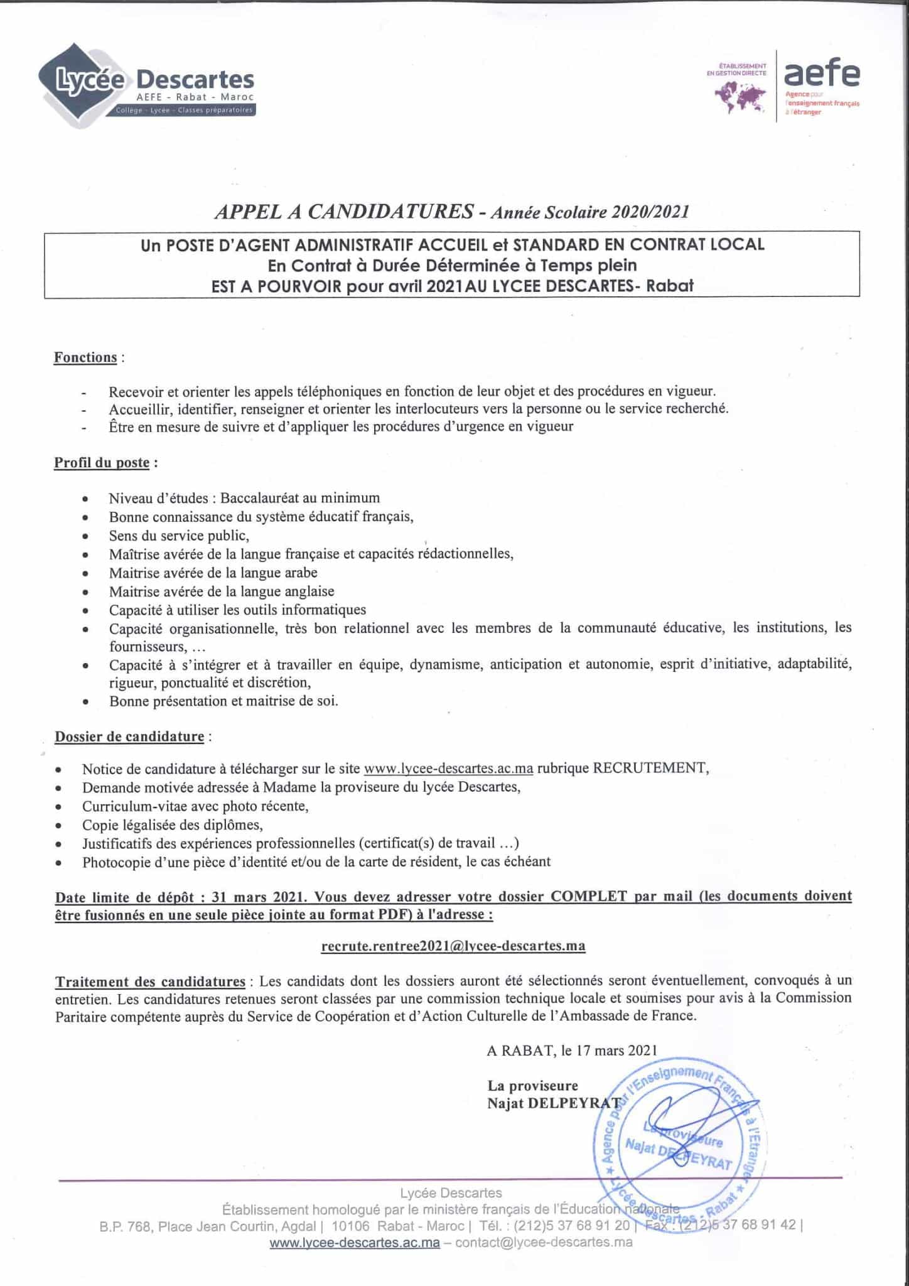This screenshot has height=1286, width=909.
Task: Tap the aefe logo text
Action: click(x=822, y=74)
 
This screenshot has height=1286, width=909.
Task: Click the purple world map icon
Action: click(x=740, y=97)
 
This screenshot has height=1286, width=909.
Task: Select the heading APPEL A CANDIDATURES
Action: click(x=344, y=212)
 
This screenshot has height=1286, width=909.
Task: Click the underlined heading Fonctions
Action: click(x=85, y=357)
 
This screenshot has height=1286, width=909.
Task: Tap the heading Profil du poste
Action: click(x=102, y=463)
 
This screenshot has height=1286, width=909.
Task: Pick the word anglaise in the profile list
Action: click(x=306, y=592)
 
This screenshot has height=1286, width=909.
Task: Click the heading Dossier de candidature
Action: click(x=129, y=736)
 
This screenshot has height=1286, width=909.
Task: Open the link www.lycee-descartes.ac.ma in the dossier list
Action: click(x=448, y=769)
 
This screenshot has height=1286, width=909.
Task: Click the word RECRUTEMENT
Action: click(x=650, y=769)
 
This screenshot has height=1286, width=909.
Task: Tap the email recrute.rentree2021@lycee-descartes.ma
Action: click(x=453, y=946)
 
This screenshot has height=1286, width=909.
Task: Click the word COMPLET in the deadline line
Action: click(x=588, y=896)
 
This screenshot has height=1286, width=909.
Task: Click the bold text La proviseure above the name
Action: click(x=532, y=1086)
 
